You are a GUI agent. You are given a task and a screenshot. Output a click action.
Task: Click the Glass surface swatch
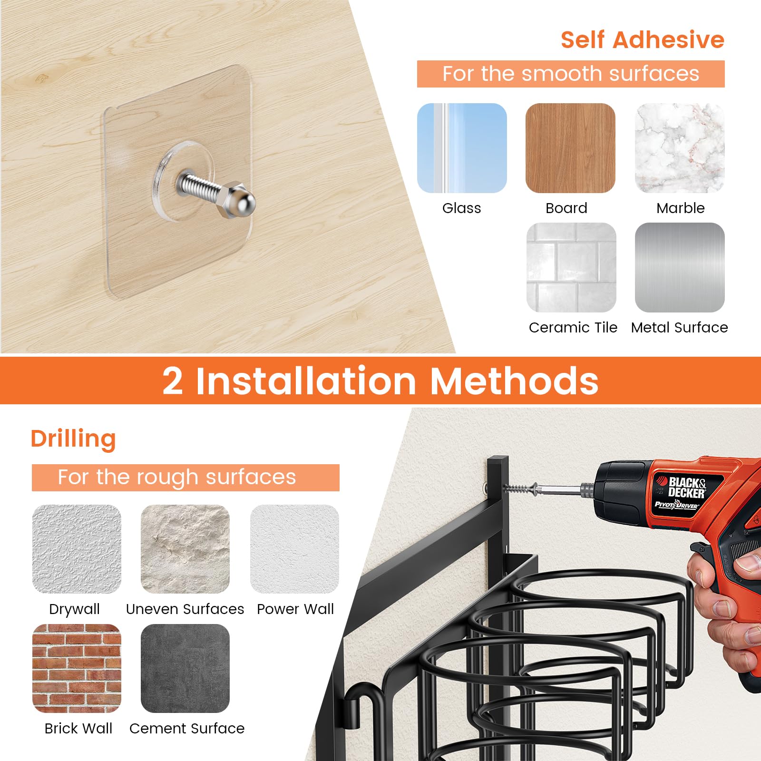(462, 148)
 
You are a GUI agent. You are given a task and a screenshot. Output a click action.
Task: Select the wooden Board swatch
(570, 148)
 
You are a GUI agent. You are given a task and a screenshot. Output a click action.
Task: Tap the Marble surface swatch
(680, 148)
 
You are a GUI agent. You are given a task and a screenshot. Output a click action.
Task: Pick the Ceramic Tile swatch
(571, 267)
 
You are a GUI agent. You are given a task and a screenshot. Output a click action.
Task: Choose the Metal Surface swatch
(680, 267)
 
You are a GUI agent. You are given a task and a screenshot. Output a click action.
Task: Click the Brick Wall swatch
(77, 668)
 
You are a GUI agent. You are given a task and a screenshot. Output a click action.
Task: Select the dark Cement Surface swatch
(185, 668)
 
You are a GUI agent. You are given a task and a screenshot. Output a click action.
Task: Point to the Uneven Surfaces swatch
(185, 549)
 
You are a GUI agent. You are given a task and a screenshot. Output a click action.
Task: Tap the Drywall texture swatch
(77, 549)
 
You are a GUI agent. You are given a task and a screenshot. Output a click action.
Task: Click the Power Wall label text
(295, 609)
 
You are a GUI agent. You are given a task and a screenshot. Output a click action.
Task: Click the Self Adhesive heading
(642, 39)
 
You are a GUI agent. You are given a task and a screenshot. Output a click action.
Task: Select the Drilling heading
(73, 439)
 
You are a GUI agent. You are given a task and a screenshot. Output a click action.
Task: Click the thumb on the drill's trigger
(751, 564)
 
